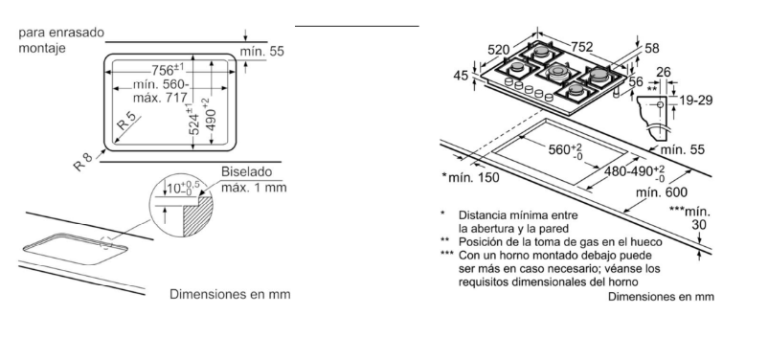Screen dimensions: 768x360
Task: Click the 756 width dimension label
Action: click(168, 70)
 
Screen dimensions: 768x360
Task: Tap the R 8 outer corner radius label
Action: click(82, 162)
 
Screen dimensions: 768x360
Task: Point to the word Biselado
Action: click(246, 172)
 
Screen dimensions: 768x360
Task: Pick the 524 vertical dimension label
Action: click(194, 120)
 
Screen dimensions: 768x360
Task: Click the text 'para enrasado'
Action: click(61, 33)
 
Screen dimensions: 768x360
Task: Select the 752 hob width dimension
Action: click(582, 47)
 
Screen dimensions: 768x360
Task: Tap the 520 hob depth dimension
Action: click(499, 50)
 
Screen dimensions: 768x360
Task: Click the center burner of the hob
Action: click(556, 73)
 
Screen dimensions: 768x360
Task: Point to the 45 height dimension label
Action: click(461, 76)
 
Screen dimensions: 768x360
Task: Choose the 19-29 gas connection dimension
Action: click(696, 101)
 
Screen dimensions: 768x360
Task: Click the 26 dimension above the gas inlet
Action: click(664, 73)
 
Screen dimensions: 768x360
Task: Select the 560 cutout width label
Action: click(565, 150)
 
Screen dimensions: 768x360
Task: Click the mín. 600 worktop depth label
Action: click(661, 192)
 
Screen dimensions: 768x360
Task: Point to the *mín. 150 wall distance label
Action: click(470, 177)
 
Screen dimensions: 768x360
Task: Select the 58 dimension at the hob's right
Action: click(652, 48)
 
